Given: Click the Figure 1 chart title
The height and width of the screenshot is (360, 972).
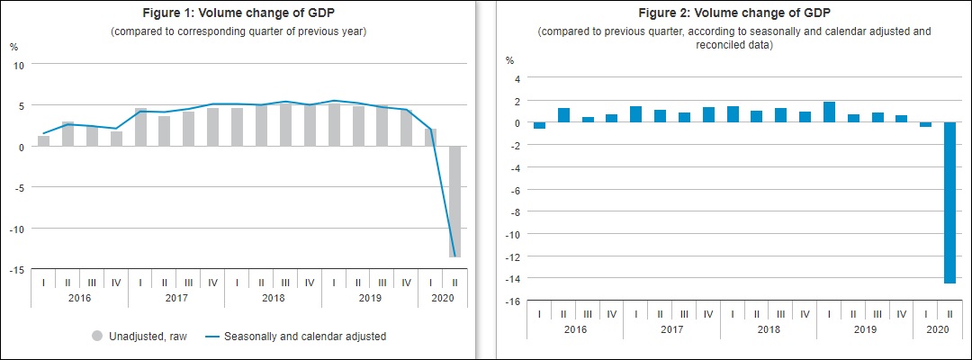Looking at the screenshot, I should [x=238, y=13].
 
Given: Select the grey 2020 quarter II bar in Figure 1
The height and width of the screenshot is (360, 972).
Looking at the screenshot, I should [x=455, y=202].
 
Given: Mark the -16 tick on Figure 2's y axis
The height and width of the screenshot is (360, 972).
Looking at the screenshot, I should [x=512, y=301].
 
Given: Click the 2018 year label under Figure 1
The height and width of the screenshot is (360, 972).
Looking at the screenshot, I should [x=274, y=297].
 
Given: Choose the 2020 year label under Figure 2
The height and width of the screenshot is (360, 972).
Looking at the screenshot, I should [x=938, y=329].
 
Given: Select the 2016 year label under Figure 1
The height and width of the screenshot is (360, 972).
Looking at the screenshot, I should [x=79, y=297].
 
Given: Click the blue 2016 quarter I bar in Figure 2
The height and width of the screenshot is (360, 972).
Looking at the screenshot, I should [x=539, y=126].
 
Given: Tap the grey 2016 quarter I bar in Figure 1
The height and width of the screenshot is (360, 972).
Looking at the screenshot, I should [x=43, y=140].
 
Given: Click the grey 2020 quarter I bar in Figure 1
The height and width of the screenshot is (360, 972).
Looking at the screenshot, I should [x=431, y=137].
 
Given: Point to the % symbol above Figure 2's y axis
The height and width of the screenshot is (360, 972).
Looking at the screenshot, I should [x=509, y=60].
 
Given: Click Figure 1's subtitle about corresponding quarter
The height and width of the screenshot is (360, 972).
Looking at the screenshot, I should [x=238, y=31].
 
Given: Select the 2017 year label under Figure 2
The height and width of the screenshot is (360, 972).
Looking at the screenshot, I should [x=671, y=329].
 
